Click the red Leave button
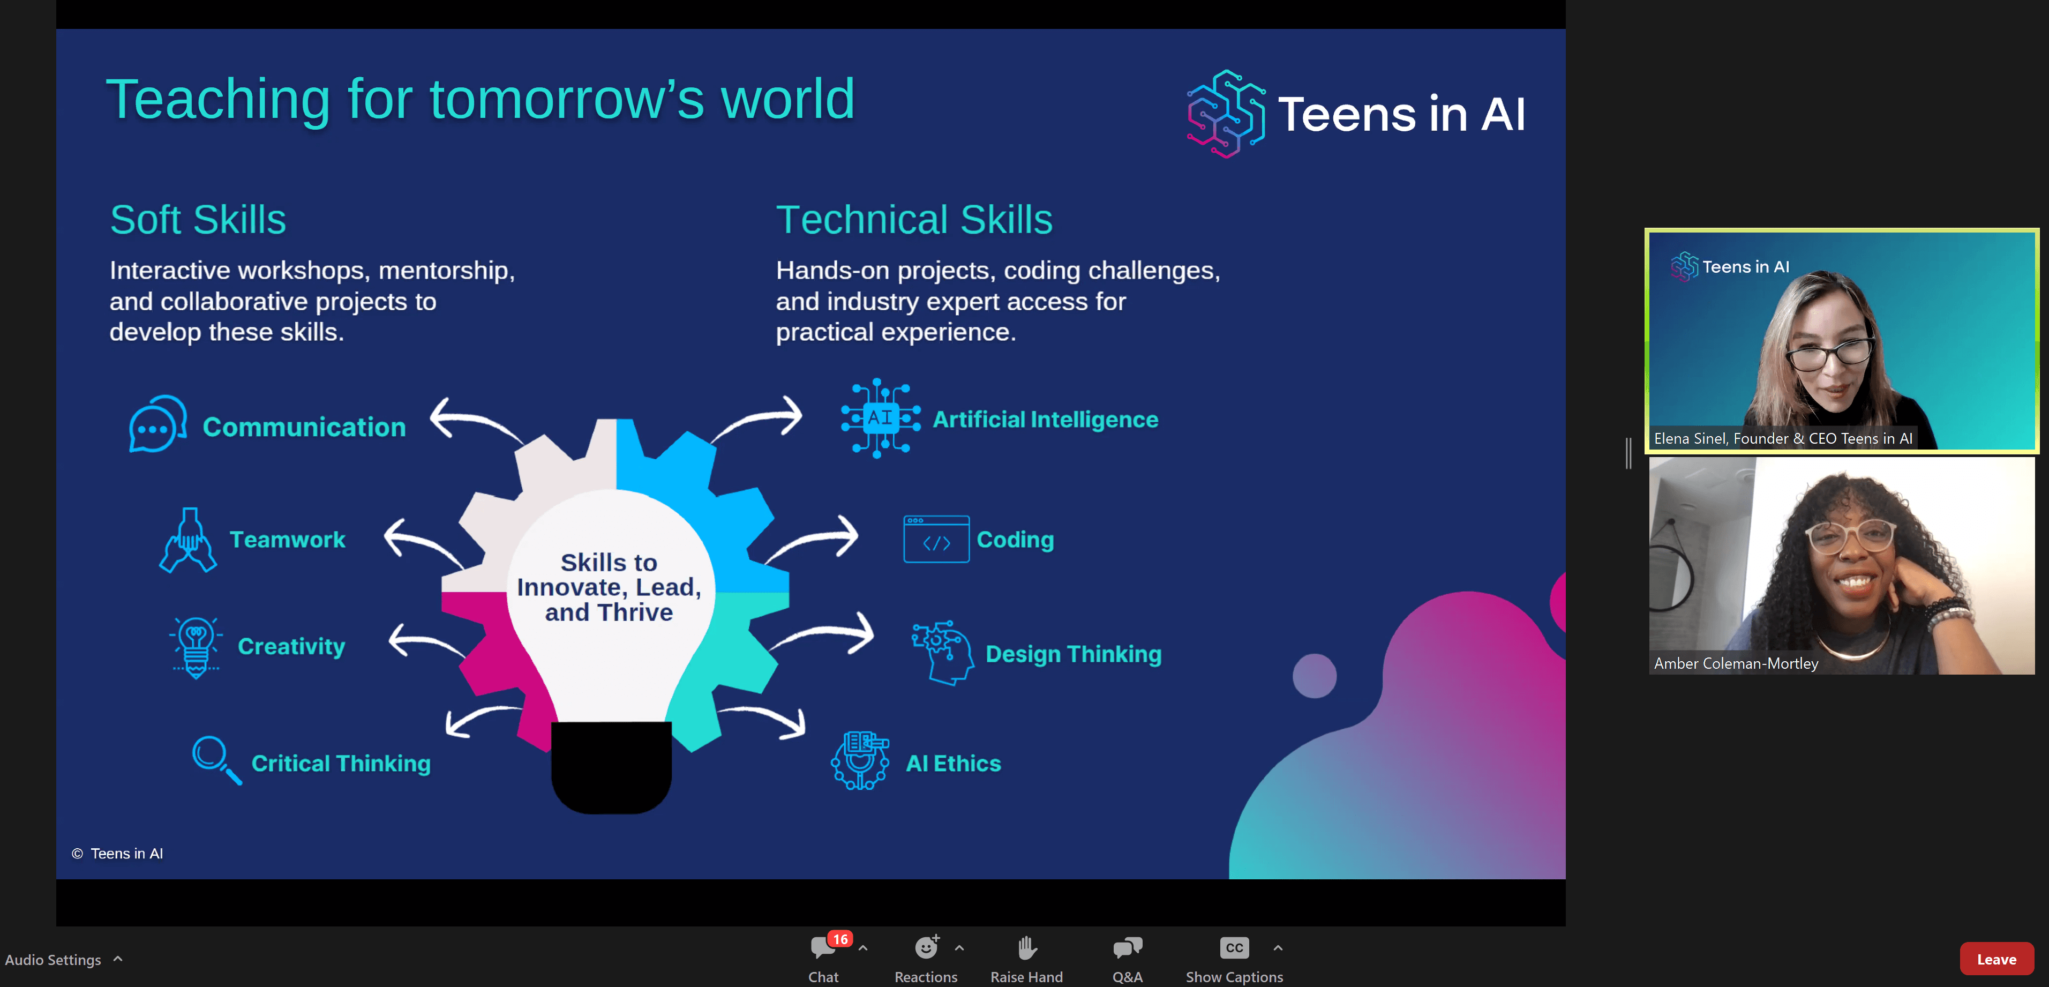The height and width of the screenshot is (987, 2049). coord(1996,959)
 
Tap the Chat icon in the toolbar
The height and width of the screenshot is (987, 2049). coord(822,948)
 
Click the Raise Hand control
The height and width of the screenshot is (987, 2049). coord(1026,948)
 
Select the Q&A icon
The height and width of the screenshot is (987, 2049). coord(1127,948)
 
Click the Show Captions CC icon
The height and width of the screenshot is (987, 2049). coord(1234,948)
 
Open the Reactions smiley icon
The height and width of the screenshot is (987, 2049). coord(926,948)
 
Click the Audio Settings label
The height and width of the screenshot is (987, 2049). coord(53,960)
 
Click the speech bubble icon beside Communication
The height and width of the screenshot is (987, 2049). coord(157,424)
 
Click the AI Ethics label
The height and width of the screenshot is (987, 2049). coord(953,764)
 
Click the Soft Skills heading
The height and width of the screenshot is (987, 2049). coord(198,220)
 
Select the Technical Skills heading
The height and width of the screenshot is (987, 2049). coord(914,220)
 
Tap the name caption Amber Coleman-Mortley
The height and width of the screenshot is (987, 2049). coord(1736,663)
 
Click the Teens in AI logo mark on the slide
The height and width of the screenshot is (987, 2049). coord(1226,113)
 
